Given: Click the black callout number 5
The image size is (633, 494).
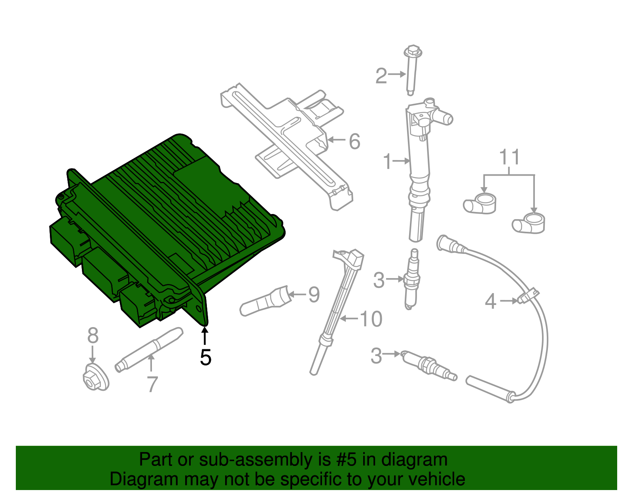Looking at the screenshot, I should click(x=205, y=357).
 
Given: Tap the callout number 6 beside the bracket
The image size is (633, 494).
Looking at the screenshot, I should click(x=354, y=141).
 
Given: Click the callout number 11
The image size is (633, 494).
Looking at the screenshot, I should click(x=509, y=157).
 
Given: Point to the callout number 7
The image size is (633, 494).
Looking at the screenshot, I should click(x=152, y=384).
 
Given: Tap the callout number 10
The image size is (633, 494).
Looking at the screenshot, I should click(x=371, y=319).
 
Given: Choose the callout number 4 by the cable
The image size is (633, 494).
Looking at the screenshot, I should click(x=491, y=301).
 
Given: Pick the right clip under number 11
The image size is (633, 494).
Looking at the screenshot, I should click(x=529, y=223).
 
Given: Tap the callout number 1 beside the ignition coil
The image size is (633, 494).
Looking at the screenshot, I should click(x=387, y=161).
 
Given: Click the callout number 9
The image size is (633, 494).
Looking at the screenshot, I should click(x=314, y=295).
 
